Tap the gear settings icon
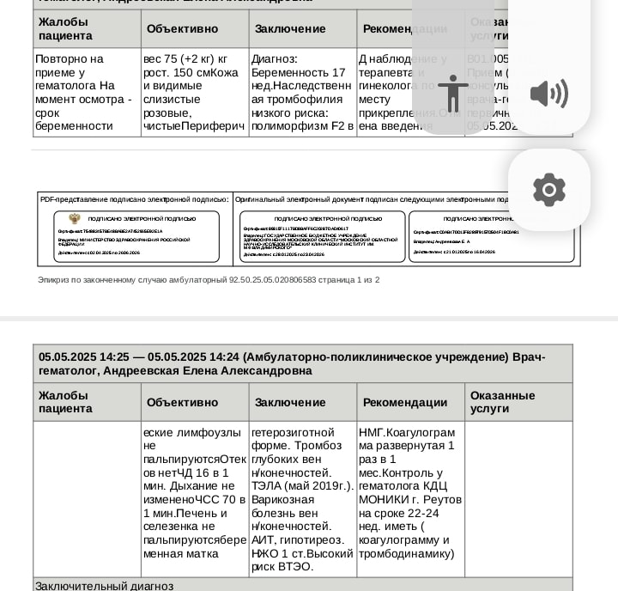coord(549,190)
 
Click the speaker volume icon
coord(549,93)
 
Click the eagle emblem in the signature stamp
coord(75,219)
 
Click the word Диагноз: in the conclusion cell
coord(275,58)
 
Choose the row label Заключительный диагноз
coord(104,586)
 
